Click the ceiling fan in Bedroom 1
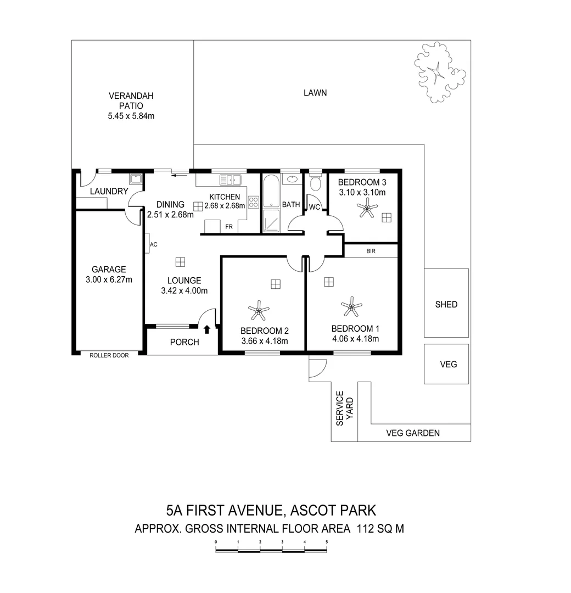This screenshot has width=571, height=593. pos(351,306)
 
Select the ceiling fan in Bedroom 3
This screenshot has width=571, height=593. pos(366,209)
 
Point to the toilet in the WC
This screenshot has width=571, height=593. pos(315,183)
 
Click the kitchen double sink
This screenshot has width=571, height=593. pos(231,179)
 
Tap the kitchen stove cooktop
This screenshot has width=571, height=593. pos(254,202)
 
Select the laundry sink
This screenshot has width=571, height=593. pos(135,179)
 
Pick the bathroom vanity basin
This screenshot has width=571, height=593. pos(292,179)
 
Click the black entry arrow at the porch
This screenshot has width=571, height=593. pos(207,329)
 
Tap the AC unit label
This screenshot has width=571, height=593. pos(154,244)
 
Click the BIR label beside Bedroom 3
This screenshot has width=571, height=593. pos(371,251)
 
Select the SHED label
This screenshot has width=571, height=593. pos(446,304)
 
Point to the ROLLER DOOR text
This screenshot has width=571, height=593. pos(109,355)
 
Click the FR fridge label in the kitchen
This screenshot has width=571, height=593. pos(227,226)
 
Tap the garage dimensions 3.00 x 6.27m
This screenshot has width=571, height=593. pos(109,279)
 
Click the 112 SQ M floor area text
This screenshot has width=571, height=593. pos(380,529)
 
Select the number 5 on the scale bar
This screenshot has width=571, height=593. pos(327,542)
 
